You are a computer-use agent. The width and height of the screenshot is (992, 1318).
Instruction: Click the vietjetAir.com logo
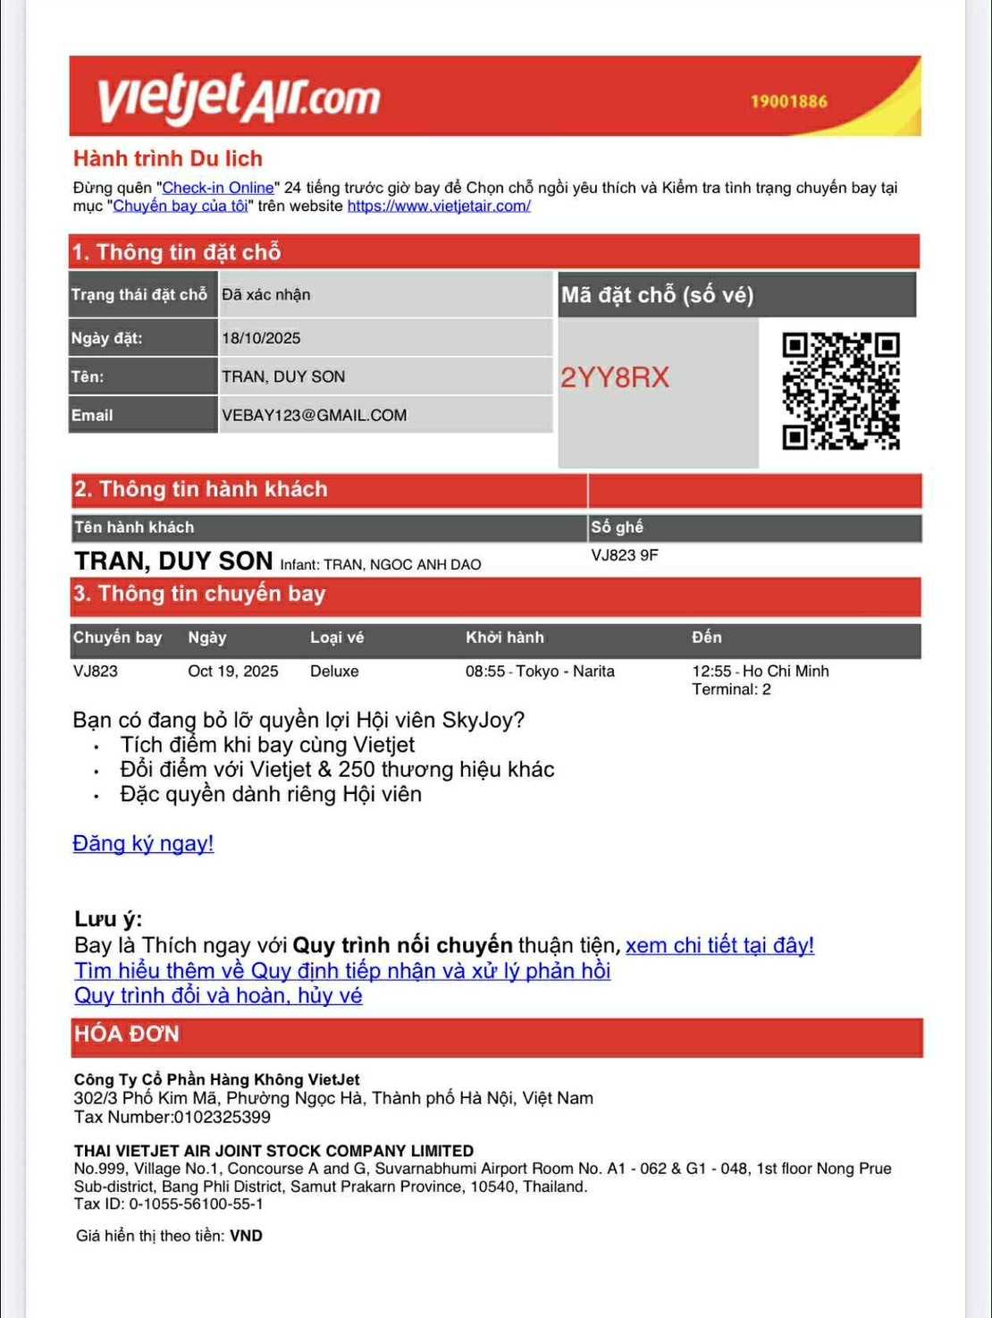click(239, 97)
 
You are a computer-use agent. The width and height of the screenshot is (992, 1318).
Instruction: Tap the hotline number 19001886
click(788, 101)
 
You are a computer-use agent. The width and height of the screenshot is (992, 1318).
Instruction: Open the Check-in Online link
click(218, 188)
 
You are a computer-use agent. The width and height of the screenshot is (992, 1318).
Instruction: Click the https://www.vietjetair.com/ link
click(439, 206)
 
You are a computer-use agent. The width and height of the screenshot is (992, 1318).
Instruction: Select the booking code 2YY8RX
click(615, 377)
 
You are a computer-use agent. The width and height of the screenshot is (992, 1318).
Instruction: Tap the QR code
click(840, 391)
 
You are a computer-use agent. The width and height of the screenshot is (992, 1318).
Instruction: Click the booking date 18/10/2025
click(261, 338)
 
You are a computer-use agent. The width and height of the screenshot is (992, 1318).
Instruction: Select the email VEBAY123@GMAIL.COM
click(314, 415)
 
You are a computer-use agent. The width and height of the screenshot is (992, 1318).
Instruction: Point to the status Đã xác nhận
click(266, 294)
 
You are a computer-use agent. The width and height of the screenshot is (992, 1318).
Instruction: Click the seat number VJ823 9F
click(625, 555)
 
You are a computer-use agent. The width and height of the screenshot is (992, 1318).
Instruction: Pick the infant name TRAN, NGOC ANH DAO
click(402, 564)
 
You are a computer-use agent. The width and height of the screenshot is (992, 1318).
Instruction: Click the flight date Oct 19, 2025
click(232, 671)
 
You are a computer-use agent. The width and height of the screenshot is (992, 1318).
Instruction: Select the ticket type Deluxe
click(334, 671)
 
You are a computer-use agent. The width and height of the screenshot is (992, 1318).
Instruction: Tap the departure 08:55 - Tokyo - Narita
click(540, 671)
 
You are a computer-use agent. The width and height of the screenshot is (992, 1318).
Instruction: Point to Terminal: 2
click(731, 689)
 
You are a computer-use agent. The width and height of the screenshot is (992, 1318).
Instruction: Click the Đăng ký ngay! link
click(143, 843)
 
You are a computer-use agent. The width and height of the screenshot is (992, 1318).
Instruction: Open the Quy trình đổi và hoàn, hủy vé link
click(218, 995)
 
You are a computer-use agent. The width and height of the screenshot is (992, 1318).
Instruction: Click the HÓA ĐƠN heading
click(127, 1034)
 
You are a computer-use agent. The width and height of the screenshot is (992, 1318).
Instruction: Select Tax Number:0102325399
click(172, 1117)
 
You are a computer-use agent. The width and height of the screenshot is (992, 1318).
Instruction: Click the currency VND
click(246, 1236)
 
